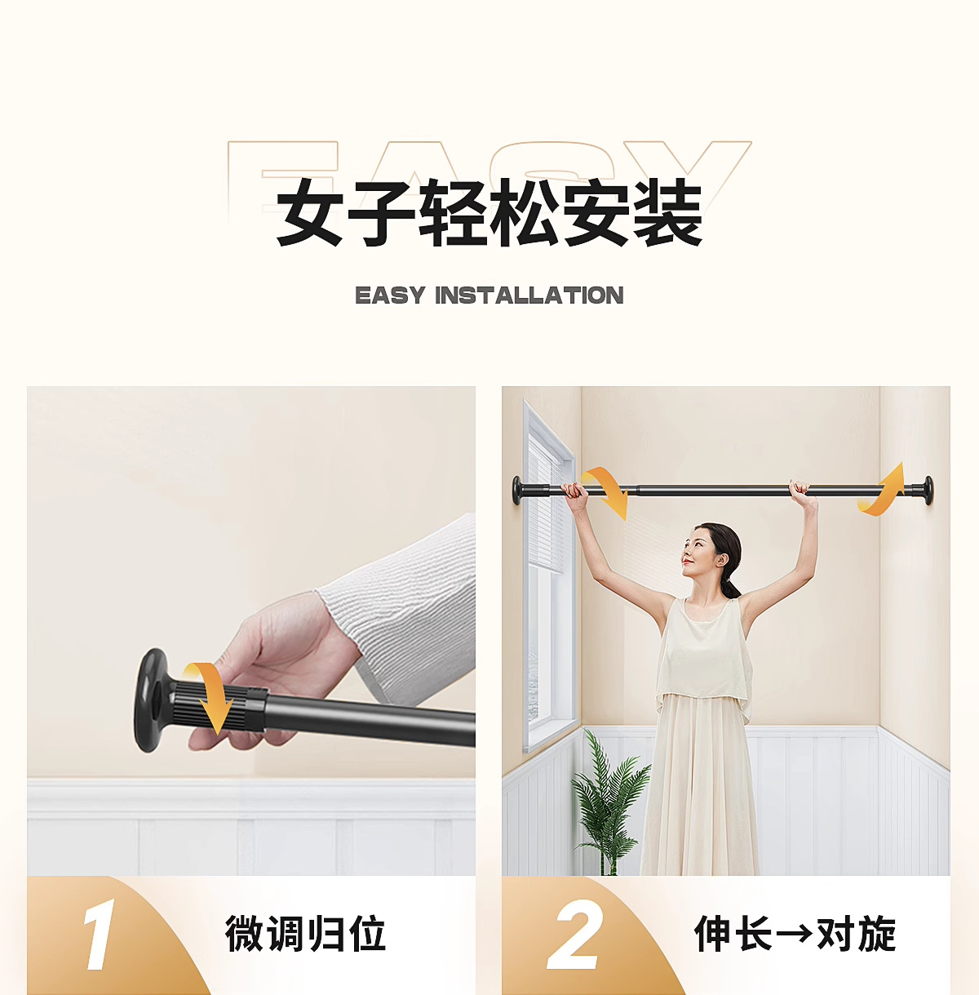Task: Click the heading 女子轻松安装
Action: (x=489, y=214)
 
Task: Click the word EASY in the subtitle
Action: (x=390, y=295)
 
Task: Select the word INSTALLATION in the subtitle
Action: (x=529, y=295)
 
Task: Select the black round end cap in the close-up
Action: (x=150, y=700)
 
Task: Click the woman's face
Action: (x=700, y=555)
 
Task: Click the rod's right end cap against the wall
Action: (x=926, y=489)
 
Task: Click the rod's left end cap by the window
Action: (x=519, y=489)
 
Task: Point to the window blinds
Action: (x=543, y=506)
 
